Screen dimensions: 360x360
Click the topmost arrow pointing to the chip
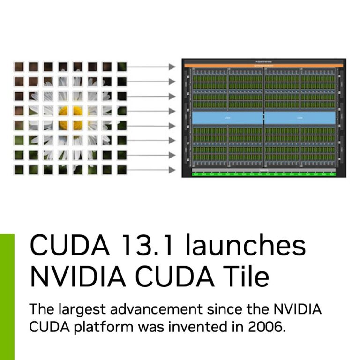[151, 67]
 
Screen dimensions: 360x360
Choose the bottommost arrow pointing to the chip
[151, 170]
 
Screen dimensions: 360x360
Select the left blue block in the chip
[227, 118]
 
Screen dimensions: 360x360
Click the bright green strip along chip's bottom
[264, 174]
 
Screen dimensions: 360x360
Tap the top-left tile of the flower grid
[19, 67]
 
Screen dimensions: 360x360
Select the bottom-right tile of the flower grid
[122, 170]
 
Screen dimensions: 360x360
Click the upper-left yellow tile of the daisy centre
[63, 111]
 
